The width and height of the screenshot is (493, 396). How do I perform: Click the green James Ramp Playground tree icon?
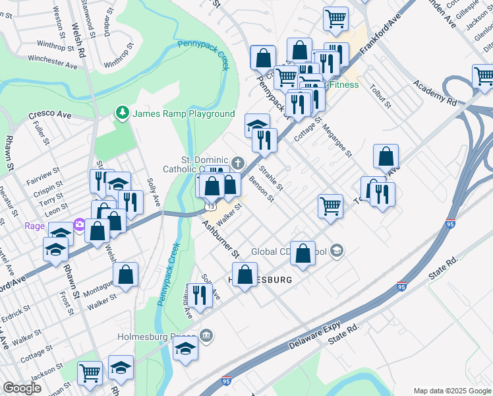pyautogui.click(x=122, y=113)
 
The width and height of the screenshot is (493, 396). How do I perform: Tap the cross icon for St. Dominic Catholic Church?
pyautogui.click(x=237, y=162)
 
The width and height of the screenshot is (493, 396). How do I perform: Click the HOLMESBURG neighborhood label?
pyautogui.click(x=260, y=280)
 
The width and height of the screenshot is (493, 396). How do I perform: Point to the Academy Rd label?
pyautogui.click(x=435, y=93)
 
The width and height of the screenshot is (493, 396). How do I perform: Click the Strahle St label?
pyautogui.click(x=270, y=178)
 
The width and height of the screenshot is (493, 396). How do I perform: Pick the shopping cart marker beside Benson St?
pyautogui.click(x=330, y=205)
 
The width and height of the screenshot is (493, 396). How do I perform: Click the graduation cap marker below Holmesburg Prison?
pyautogui.click(x=186, y=348)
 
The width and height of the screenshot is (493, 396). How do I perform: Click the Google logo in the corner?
pyautogui.click(x=22, y=389)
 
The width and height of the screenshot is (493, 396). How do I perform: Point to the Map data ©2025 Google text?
pyautogui.click(x=451, y=390)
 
